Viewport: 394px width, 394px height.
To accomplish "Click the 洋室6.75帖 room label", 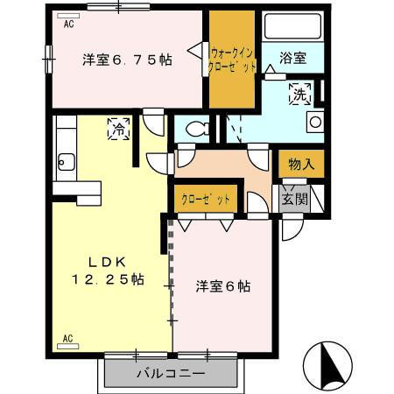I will tap(126, 60).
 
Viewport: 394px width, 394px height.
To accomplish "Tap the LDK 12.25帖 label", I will tap(109, 271).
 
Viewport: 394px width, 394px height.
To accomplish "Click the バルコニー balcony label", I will tap(171, 374).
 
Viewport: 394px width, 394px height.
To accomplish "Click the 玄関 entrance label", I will tap(293, 198).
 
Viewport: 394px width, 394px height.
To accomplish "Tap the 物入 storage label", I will tap(301, 164).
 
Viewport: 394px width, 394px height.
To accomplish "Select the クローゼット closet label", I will tap(207, 199).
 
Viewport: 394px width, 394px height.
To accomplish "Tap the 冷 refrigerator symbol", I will tap(117, 130).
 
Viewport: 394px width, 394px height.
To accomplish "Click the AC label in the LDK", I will tap(67, 337).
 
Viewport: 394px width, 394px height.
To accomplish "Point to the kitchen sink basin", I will tap(63, 161).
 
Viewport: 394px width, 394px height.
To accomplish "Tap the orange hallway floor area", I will tap(223, 166).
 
